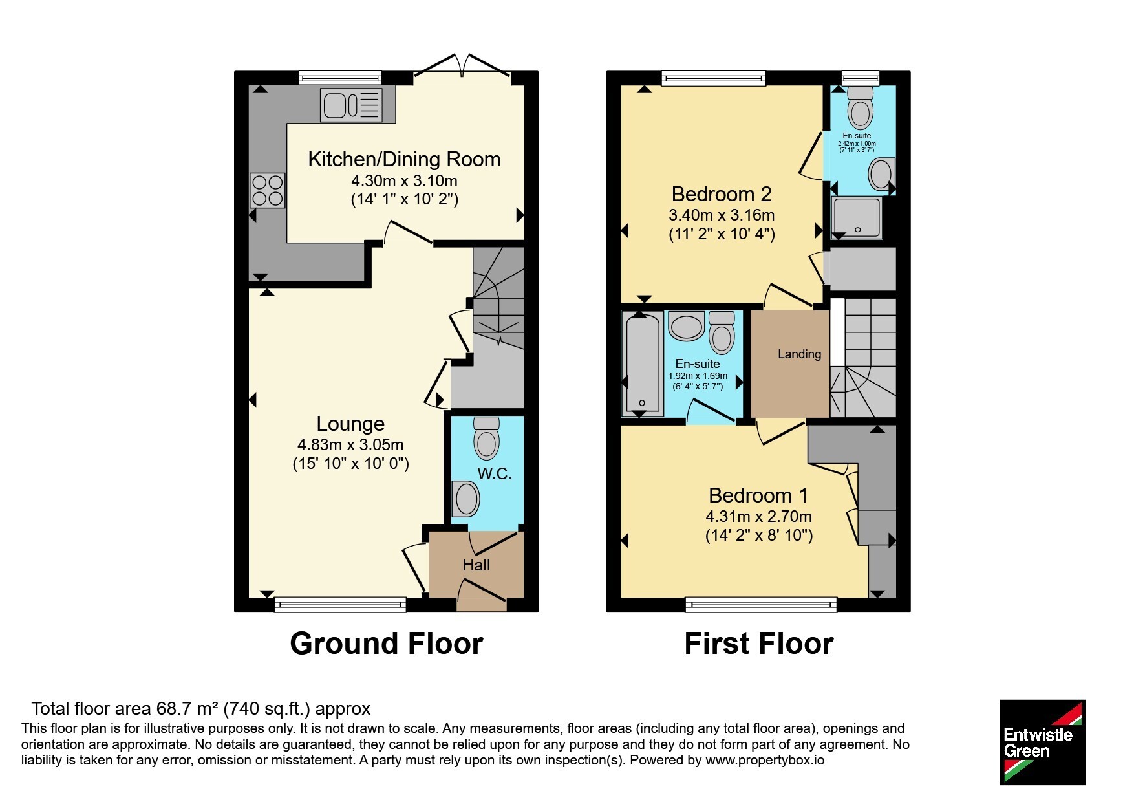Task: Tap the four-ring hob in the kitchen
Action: (268, 190)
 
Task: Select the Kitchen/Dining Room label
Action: (404, 159)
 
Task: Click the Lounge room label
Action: (350, 424)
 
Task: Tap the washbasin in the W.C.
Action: (465, 499)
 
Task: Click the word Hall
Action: (476, 565)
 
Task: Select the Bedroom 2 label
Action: (722, 194)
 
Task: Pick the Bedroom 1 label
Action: (758, 495)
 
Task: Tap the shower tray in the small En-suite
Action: (857, 217)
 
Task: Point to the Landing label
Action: (799, 354)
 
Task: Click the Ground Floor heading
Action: (387, 644)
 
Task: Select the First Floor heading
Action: (759, 644)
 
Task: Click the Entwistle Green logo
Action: (1042, 742)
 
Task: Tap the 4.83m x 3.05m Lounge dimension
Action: (350, 444)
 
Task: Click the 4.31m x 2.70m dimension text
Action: (759, 516)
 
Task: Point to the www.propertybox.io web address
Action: (765, 760)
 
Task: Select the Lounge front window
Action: (341, 605)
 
